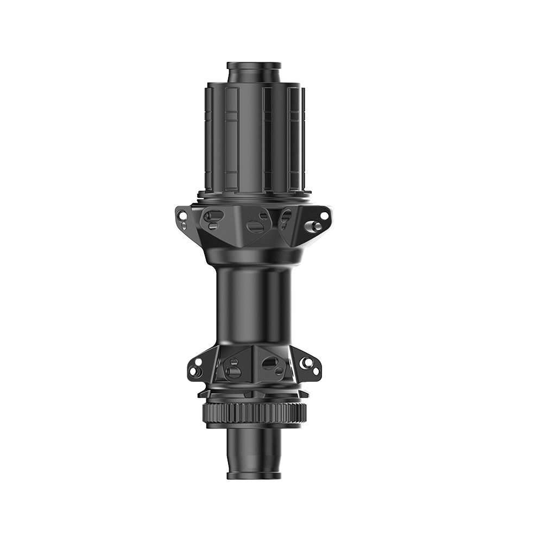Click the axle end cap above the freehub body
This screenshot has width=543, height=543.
254,72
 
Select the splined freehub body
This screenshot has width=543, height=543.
254,138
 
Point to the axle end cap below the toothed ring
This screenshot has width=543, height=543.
254,453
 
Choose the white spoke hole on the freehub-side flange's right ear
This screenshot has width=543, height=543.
324,216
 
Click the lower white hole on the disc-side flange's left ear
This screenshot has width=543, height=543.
193,371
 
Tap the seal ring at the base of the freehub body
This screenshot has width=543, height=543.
254,193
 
